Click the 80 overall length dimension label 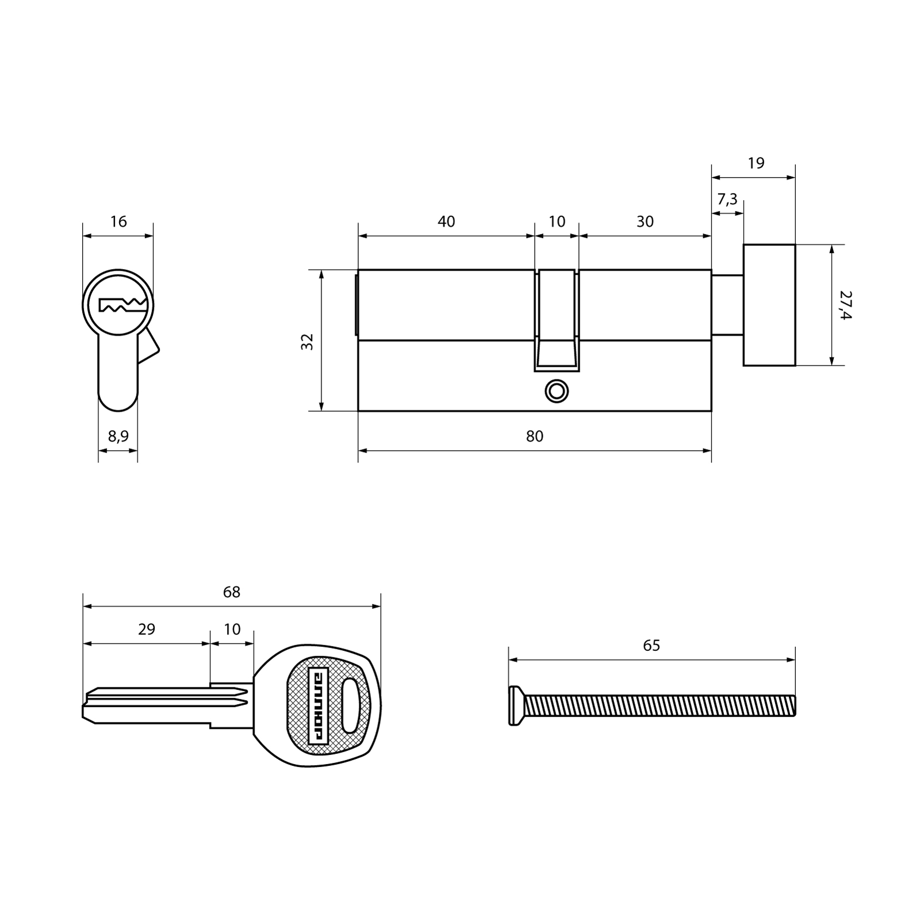pyautogui.click(x=534, y=436)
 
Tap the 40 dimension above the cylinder pyautogui.click(x=446, y=221)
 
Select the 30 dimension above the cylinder pyautogui.click(x=645, y=221)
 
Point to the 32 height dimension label pyautogui.click(x=308, y=342)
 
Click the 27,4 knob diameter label pyautogui.click(x=845, y=305)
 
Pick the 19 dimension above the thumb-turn pyautogui.click(x=756, y=163)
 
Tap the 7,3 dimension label pyautogui.click(x=727, y=200)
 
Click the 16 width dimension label pyautogui.click(x=118, y=221)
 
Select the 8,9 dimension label pyautogui.click(x=118, y=436)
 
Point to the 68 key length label pyautogui.click(x=232, y=592)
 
